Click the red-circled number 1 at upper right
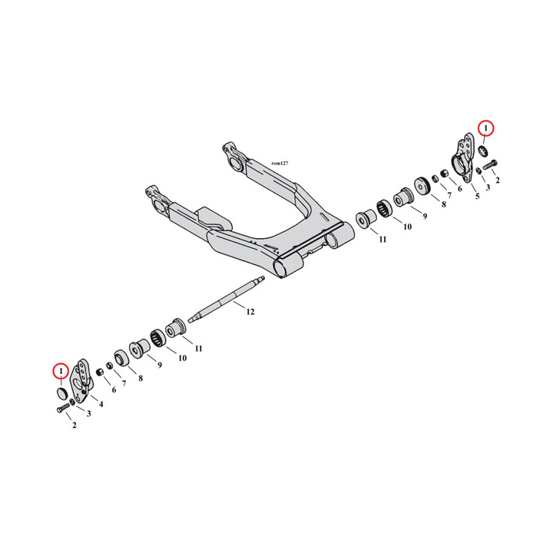pyautogui.click(x=486, y=129)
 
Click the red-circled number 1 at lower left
pyautogui.click(x=61, y=371)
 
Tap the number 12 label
pyautogui.click(x=250, y=312)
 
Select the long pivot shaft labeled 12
pyautogui.click(x=226, y=299)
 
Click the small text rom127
pyautogui.click(x=280, y=164)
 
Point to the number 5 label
pyautogui.click(x=477, y=196)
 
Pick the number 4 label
pyautogui.click(x=101, y=404)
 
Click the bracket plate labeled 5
pyautogui.click(x=462, y=158)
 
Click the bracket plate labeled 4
pyautogui.click(x=83, y=382)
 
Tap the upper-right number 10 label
pyautogui.click(x=407, y=227)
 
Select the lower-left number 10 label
pyautogui.click(x=182, y=359)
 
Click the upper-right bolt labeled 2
pyautogui.click(x=490, y=164)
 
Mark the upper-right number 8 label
pyautogui.click(x=444, y=204)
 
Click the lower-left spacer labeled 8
pyautogui.click(x=121, y=358)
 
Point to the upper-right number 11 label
pyautogui.click(x=382, y=240)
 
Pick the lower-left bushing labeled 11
pyautogui.click(x=175, y=328)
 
